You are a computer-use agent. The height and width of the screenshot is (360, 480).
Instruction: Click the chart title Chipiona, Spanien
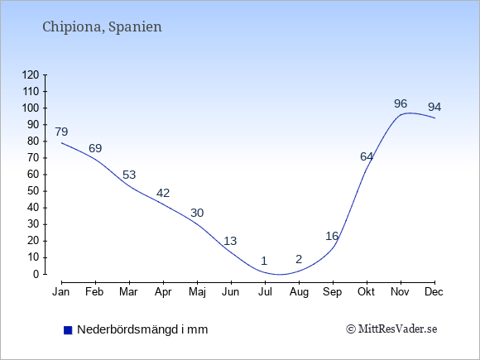point(102,27)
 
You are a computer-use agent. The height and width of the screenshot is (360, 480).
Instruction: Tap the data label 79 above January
point(61,132)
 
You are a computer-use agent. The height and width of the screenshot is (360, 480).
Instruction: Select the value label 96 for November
point(401,103)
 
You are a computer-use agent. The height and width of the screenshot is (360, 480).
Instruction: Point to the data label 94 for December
point(434,107)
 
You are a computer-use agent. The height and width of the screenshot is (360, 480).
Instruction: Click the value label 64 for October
point(367,156)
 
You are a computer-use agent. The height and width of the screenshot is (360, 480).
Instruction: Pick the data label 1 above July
point(264,261)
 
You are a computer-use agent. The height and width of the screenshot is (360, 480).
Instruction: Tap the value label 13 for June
point(230,241)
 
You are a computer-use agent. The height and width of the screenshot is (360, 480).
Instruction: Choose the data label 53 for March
point(129,175)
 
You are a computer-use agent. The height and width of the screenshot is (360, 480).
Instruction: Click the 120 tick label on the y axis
point(31,74)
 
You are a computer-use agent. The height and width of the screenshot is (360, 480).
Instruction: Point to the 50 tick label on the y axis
point(34,191)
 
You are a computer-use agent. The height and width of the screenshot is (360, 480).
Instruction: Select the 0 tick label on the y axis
point(36,274)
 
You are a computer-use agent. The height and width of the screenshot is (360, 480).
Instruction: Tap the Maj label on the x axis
point(197,292)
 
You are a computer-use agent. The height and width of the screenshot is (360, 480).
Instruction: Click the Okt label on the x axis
point(366,292)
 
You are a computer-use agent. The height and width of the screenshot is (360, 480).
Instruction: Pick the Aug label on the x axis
point(299,292)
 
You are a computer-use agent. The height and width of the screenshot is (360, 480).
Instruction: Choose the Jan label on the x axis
point(61,292)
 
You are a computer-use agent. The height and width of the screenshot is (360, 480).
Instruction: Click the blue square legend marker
point(68,330)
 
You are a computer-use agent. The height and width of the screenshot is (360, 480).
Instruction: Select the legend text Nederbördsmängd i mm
point(142,329)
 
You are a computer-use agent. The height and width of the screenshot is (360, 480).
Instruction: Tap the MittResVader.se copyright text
point(391,329)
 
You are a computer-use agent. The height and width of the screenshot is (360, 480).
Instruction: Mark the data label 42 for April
point(163,193)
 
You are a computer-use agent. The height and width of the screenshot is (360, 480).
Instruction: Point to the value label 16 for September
point(332,237)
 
